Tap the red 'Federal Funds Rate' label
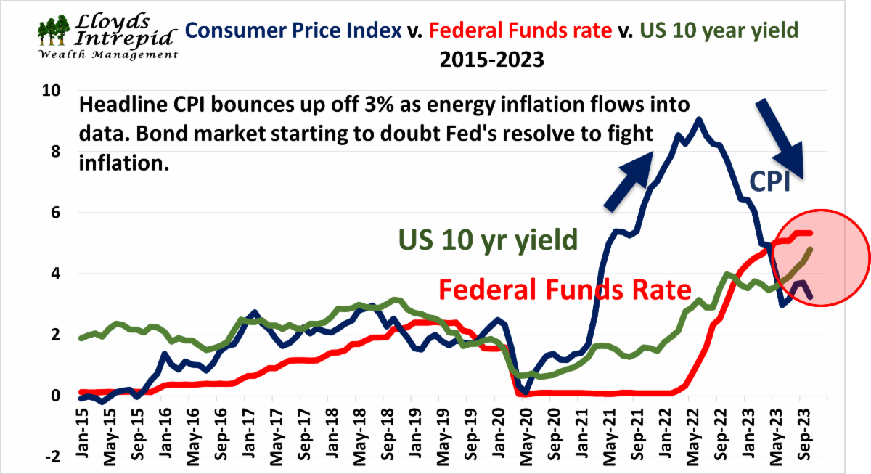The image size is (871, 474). coord(565,290)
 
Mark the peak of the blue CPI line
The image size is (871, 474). coord(698,119)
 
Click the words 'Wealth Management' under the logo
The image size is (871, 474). coord(109,55)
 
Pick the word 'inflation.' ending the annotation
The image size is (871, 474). coord(123,165)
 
